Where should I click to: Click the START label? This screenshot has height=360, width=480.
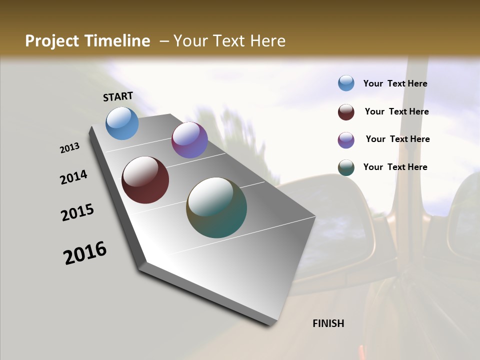[x=118, y=96]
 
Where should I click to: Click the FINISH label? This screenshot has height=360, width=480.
[x=328, y=323]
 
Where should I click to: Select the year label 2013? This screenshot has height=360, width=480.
[x=70, y=148]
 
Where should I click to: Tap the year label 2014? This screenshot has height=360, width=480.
[x=74, y=177]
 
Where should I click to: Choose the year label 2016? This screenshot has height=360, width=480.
[x=85, y=253]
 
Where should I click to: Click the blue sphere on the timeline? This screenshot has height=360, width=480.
[x=122, y=123]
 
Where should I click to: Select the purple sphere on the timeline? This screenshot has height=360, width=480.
[x=189, y=140]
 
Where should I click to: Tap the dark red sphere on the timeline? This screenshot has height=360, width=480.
[x=145, y=180]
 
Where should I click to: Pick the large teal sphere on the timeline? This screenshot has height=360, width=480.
[x=216, y=207]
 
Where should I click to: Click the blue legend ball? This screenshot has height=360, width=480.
[x=346, y=83]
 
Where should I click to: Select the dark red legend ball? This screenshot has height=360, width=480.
[x=346, y=112]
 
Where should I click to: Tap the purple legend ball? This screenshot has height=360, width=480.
[x=346, y=140]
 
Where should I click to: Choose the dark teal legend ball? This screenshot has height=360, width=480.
[x=346, y=167]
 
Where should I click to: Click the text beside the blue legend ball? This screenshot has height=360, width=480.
[x=395, y=83]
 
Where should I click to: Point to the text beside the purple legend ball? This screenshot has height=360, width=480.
[x=397, y=139]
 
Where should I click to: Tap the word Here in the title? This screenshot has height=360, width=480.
[x=267, y=41]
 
